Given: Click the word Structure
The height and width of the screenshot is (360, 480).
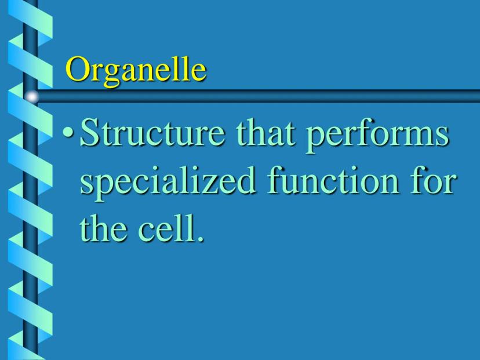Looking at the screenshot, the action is tap(152, 133).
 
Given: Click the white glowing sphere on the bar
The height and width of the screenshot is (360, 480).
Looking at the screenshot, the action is tap(32, 97).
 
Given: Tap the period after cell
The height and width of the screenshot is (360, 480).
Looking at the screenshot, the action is tap(200, 238).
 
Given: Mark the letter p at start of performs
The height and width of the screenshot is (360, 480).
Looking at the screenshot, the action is tap(315, 140).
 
